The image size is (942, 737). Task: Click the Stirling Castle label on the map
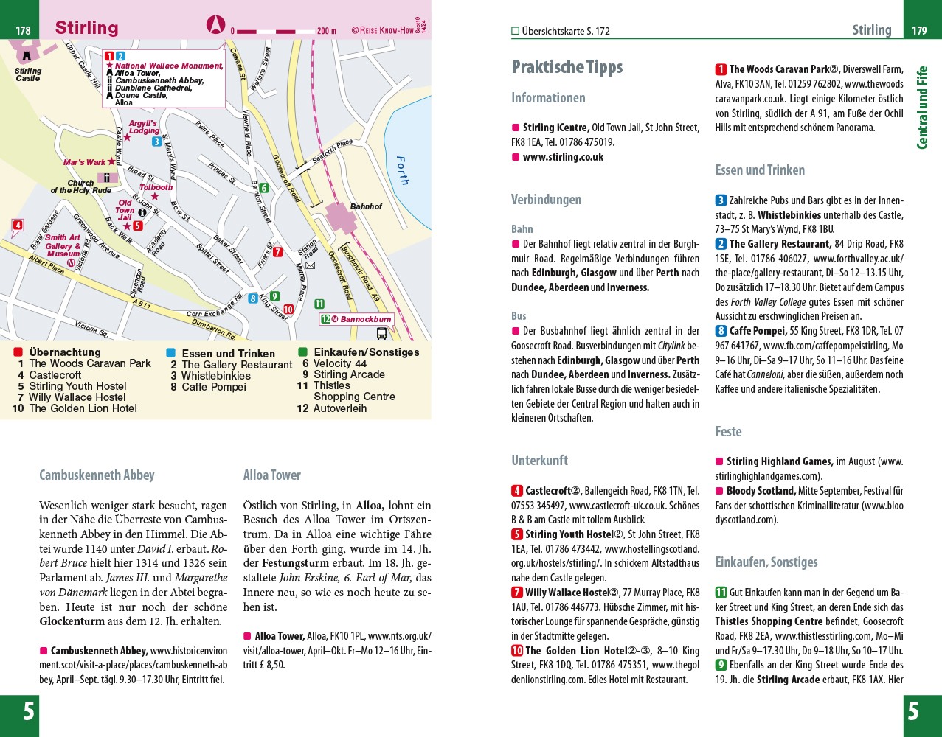(28, 74)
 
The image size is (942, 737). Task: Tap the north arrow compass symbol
(215, 24)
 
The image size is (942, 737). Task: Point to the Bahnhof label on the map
(366, 207)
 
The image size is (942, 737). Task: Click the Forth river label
(402, 170)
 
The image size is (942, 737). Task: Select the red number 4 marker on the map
(18, 226)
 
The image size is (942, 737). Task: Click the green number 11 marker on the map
(319, 304)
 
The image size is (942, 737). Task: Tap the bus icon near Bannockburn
(381, 333)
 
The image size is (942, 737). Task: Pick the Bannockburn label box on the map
(357, 319)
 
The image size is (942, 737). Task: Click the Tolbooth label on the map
(156, 187)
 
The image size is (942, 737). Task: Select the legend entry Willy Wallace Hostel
(77, 397)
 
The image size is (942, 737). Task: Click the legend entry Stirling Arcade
(349, 374)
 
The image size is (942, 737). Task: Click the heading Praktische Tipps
(567, 67)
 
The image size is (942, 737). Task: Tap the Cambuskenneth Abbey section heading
(97, 475)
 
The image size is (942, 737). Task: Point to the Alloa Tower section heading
(272, 475)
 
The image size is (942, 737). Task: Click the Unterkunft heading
(540, 461)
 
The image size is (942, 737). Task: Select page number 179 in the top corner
(919, 31)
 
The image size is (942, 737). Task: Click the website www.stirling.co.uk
(563, 157)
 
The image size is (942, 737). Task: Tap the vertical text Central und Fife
(922, 108)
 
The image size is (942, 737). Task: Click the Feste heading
(729, 432)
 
